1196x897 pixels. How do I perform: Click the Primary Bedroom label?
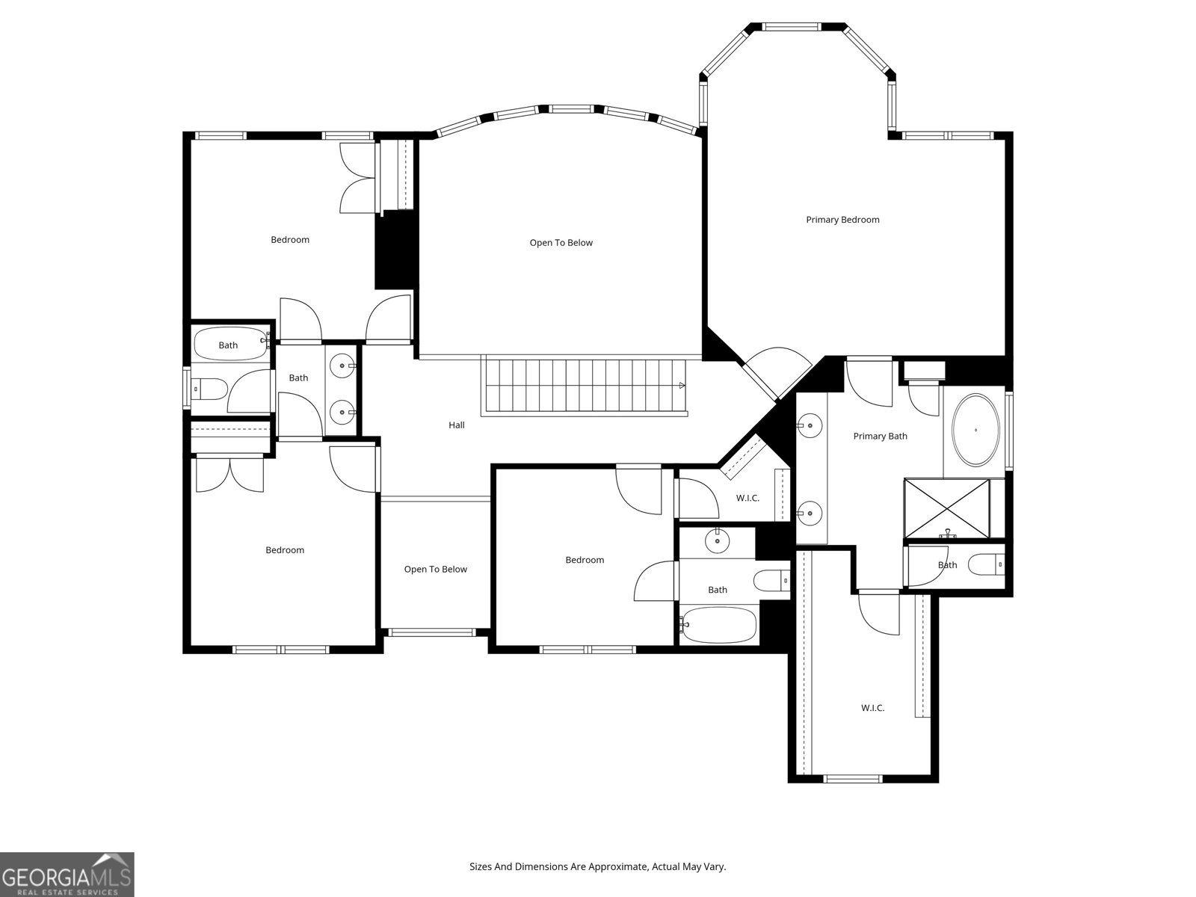point(842,220)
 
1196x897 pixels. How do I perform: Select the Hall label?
point(456,425)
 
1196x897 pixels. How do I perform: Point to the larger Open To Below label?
point(561,243)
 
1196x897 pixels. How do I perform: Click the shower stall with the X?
point(947,508)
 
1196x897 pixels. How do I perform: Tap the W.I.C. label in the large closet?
point(872,708)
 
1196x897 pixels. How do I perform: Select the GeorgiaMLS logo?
point(67,874)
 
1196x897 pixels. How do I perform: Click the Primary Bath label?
point(880,437)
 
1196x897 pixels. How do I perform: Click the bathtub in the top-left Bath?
point(229,345)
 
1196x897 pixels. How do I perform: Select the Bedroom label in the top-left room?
point(289,240)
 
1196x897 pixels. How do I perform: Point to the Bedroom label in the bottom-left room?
point(285,550)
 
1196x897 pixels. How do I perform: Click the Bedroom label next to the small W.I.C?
point(585,560)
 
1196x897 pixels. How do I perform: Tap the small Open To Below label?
point(435,570)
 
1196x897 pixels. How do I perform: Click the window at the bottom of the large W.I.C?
point(853,779)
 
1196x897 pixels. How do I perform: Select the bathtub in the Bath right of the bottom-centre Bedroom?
point(719,625)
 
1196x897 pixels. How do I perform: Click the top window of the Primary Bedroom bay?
point(796,27)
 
